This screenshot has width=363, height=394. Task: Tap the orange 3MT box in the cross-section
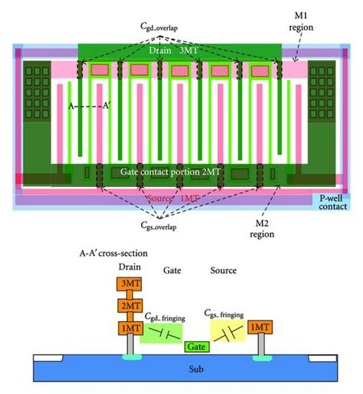pyautogui.click(x=128, y=284)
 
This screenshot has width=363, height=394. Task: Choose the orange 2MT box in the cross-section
pyautogui.click(x=128, y=306)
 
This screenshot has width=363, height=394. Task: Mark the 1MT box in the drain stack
pyautogui.click(x=128, y=327)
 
